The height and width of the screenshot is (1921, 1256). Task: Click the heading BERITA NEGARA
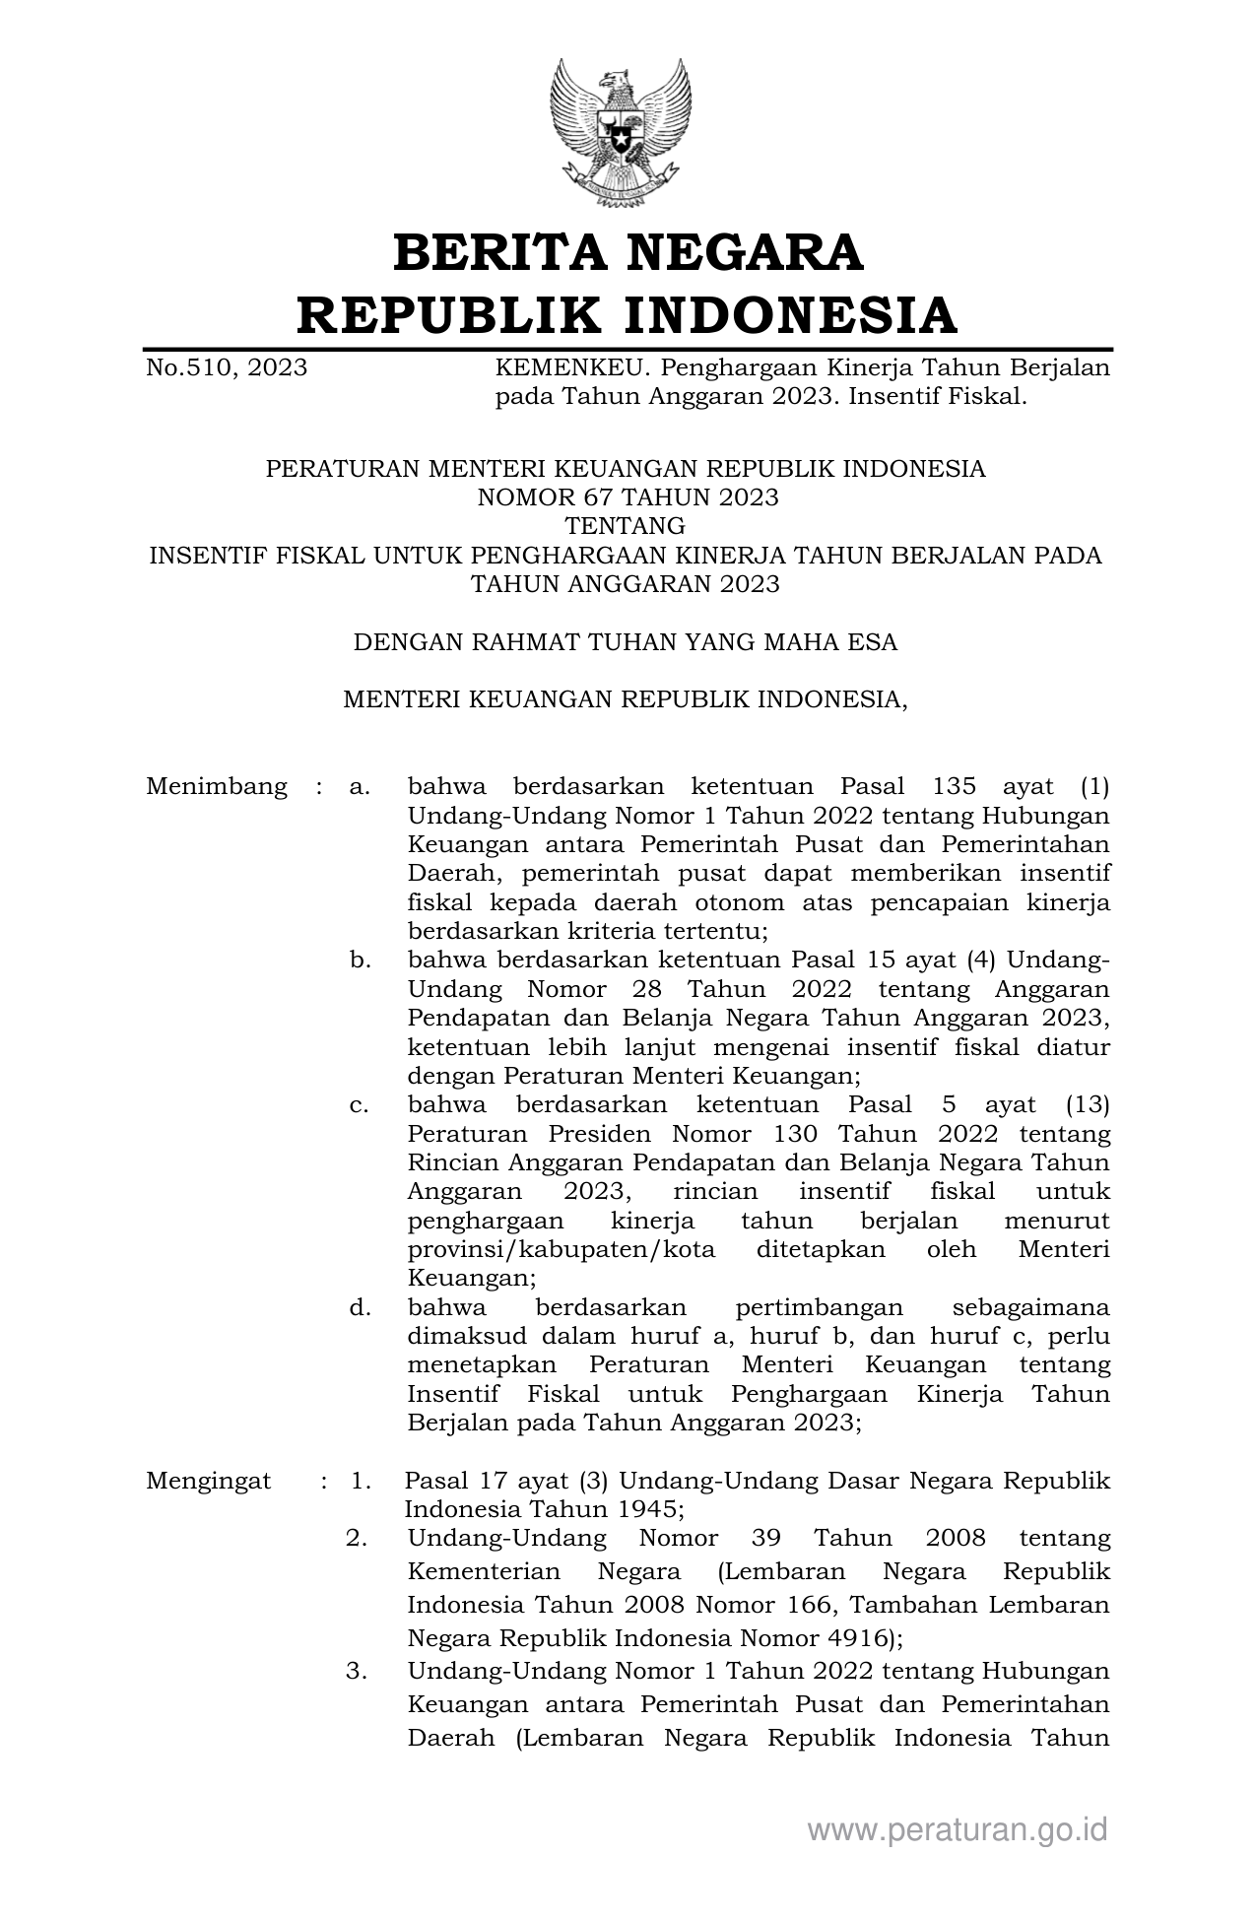628,252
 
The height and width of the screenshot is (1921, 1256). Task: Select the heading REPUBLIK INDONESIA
628,315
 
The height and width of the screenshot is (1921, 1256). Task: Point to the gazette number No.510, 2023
227,368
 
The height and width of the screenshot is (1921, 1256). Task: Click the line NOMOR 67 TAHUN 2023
628,497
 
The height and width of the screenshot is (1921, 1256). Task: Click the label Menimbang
217,787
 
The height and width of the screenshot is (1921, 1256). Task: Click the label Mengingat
209,1482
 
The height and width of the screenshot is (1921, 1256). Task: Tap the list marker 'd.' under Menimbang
360,1308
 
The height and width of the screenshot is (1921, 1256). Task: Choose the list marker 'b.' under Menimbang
360,960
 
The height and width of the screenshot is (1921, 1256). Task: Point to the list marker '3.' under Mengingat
357,1672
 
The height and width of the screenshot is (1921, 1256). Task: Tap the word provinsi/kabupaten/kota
562,1250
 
